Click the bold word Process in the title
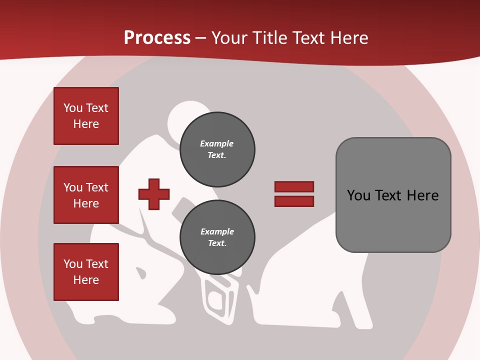pos(157,37)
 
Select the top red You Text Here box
pos(86,116)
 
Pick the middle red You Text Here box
pos(86,195)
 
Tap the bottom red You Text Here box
pos(86,272)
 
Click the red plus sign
pos(154,194)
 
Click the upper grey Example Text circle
pos(217,149)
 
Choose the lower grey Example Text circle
pos(217,237)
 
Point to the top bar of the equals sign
pos(294,186)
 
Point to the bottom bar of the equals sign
pos(294,201)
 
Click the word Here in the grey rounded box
pos(422,195)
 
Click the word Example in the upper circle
pos(217,143)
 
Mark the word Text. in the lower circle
pos(217,243)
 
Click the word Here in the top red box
pos(86,124)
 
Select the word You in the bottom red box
pos(72,264)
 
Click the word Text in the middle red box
pos(97,187)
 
